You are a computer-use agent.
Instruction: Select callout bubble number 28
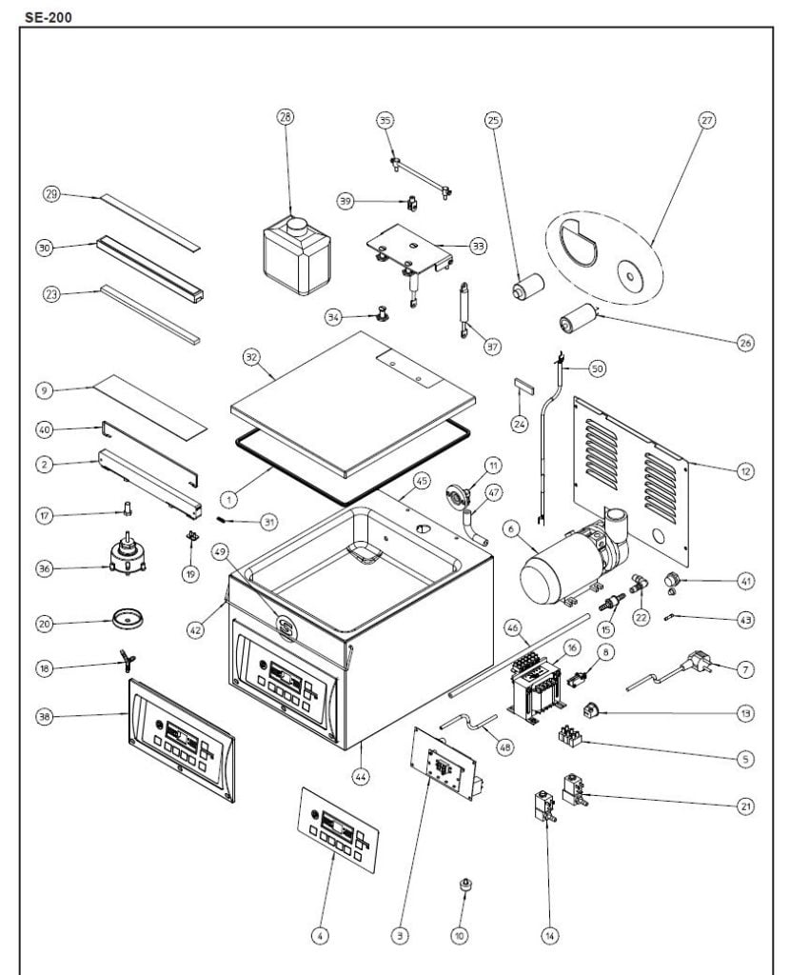pyautogui.click(x=285, y=117)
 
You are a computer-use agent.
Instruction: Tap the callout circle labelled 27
pyautogui.click(x=706, y=120)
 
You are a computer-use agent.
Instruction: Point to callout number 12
pyautogui.click(x=745, y=469)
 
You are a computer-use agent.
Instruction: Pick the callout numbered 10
pyautogui.click(x=459, y=937)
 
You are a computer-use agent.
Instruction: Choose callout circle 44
pyautogui.click(x=361, y=776)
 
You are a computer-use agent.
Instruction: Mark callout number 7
pyautogui.click(x=745, y=670)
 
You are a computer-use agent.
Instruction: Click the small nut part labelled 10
pyautogui.click(x=465, y=887)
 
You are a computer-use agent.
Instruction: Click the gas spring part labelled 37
pyautogui.click(x=465, y=307)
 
